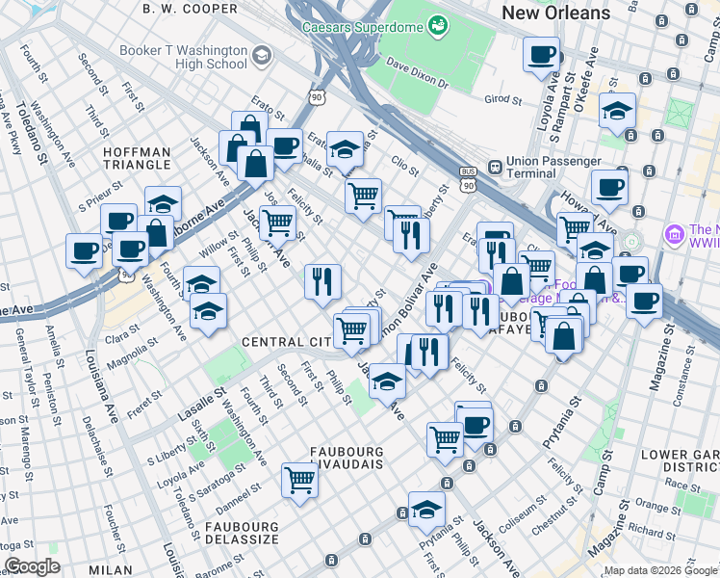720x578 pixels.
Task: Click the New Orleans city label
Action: tap(555, 13)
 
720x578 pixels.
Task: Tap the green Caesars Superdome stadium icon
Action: tap(438, 23)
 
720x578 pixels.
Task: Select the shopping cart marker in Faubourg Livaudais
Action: tap(300, 479)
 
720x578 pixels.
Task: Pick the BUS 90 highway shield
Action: tap(469, 179)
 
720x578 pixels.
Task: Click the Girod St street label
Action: tap(502, 99)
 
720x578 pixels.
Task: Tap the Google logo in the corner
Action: tap(32, 566)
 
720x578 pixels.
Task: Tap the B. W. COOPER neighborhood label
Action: tap(190, 9)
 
